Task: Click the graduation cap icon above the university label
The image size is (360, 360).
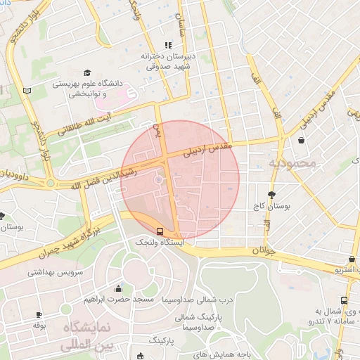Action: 87,72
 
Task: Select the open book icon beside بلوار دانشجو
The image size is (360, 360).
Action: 27,91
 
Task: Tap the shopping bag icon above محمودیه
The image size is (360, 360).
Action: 301,141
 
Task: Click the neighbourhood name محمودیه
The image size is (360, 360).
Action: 292,163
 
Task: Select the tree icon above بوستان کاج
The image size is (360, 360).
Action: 272,195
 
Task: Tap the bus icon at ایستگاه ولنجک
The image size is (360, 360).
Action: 160,230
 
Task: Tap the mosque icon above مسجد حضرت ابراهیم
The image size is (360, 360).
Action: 118,288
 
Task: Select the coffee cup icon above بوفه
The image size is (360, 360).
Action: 39,314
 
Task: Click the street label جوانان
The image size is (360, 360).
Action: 260,250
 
